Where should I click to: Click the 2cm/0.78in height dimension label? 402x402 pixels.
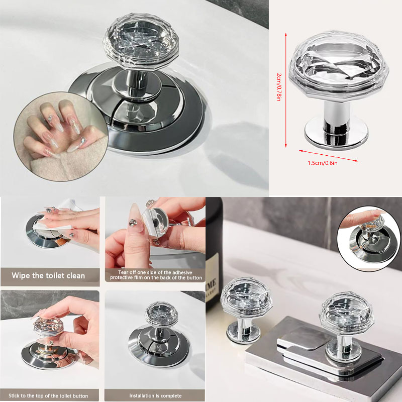(x=279, y=87)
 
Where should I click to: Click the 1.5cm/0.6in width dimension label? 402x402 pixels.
(x=323, y=163)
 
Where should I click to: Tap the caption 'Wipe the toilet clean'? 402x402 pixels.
(x=48, y=275)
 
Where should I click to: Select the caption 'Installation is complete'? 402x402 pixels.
(x=155, y=395)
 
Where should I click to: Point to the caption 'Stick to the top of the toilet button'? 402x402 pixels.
(x=48, y=395)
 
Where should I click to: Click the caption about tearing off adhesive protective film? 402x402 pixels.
(x=156, y=275)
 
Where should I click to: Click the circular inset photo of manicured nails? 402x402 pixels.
(x=61, y=137)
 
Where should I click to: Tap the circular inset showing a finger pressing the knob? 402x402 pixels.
(x=369, y=239)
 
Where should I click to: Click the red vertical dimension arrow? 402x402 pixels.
(x=286, y=90)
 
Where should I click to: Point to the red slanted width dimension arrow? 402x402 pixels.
(x=329, y=156)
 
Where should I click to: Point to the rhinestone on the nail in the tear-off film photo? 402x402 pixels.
(x=133, y=223)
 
